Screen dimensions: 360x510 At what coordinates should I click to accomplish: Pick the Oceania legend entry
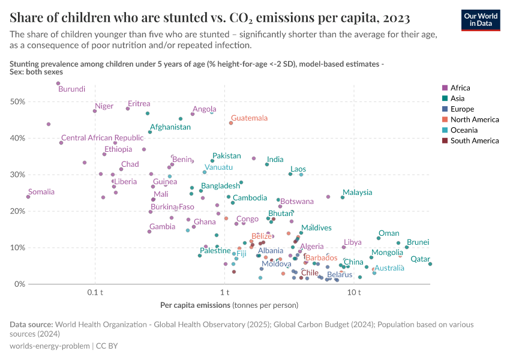pyautogui.click(x=463, y=130)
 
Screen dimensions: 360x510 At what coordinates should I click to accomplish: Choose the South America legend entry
pyautogui.click(x=474, y=141)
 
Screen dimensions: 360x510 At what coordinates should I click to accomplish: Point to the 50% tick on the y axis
pyautogui.click(x=17, y=102)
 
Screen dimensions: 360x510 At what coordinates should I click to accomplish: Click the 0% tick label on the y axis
pyautogui.click(x=19, y=284)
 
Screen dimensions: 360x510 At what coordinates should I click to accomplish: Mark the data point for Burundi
pyautogui.click(x=58, y=83)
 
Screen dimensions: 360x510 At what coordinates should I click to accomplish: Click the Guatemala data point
pyautogui.click(x=231, y=123)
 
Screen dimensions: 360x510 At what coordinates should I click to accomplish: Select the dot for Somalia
pyautogui.click(x=28, y=197)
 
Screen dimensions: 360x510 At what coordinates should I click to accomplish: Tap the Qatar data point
pyautogui.click(x=430, y=264)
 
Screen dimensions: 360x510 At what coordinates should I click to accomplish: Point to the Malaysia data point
pyautogui.click(x=343, y=197)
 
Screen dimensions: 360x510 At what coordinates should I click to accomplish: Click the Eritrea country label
pyautogui.click(x=139, y=104)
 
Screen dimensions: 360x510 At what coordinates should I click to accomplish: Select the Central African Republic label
pyautogui.click(x=94, y=138)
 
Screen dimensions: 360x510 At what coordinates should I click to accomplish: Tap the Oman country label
pyautogui.click(x=389, y=233)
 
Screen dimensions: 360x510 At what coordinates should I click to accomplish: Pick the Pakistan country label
pyautogui.click(x=227, y=156)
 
